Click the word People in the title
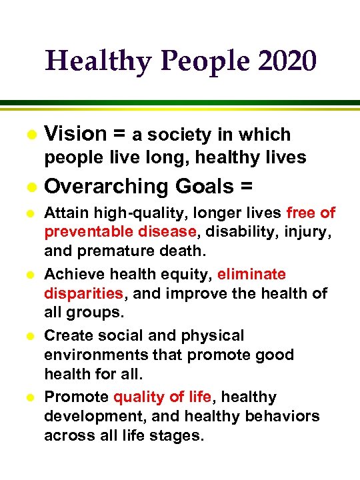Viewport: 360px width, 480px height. click(x=183, y=62)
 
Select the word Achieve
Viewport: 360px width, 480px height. click(x=71, y=274)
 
